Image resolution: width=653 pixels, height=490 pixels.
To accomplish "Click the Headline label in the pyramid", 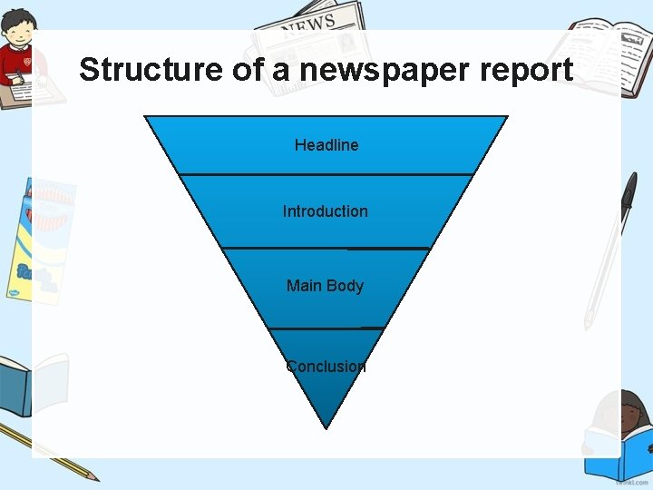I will [326, 145].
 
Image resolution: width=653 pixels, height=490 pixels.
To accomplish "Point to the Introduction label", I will [326, 211].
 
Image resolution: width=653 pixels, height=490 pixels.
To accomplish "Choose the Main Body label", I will [325, 286].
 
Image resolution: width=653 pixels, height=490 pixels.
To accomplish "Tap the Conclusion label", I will [326, 367].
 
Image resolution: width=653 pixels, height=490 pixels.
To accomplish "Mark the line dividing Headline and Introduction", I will [326, 174].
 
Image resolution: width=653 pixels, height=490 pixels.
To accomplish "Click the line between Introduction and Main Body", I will [326, 248].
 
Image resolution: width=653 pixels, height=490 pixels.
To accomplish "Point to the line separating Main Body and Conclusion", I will [326, 328].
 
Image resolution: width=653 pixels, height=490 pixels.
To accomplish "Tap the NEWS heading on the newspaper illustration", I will [308, 24].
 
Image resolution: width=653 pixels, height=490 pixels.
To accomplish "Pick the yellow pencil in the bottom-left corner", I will [54, 454].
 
